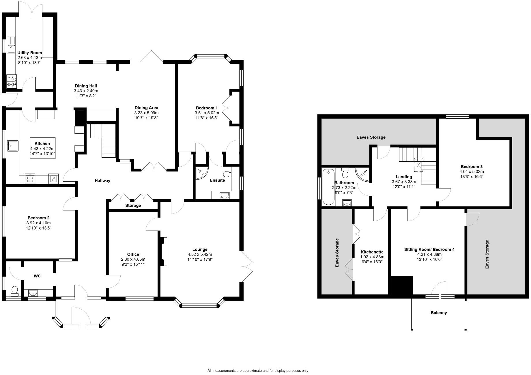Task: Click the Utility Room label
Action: click(29, 53)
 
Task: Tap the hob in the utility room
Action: click(12, 81)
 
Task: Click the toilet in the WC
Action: click(14, 291)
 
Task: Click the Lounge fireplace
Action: click(164, 251)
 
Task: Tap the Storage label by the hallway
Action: click(133, 206)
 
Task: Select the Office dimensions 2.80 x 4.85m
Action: click(133, 259)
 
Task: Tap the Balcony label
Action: click(439, 313)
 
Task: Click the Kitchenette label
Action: click(372, 252)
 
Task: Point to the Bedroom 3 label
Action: click(472, 167)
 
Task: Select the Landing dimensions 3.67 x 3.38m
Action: click(404, 182)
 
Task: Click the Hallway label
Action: click(102, 181)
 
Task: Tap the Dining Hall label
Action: click(86, 86)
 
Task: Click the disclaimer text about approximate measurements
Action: click(258, 371)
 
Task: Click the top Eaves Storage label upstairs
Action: click(371, 137)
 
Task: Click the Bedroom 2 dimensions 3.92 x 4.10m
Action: click(39, 223)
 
